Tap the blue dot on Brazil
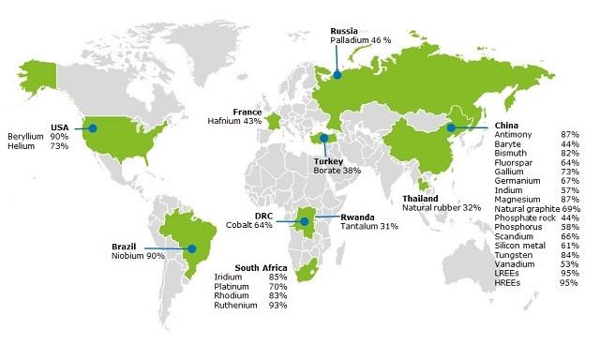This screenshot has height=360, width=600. click(192, 249)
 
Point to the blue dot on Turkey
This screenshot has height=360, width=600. click(324, 139)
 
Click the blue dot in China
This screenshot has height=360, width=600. click(451, 127)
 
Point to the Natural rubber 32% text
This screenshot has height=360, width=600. click(441, 208)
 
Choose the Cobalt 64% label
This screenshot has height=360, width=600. click(249, 225)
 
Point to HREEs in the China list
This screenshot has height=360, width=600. click(507, 282)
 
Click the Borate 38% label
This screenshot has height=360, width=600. click(337, 171)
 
